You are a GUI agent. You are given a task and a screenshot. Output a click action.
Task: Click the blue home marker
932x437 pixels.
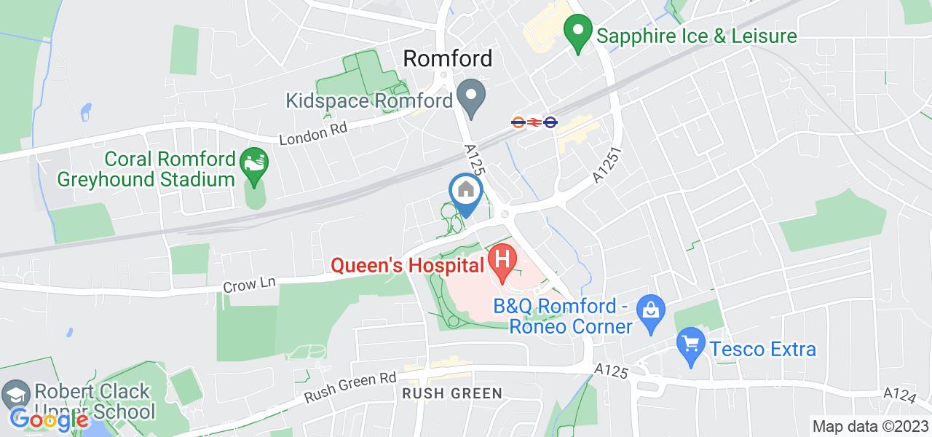(x=465, y=193)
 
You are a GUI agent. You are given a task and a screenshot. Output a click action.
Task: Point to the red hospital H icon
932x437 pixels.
(x=502, y=259)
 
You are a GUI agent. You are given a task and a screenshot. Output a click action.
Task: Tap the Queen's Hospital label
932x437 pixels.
(x=408, y=265)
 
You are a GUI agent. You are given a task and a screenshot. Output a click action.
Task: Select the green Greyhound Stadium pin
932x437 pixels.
(x=253, y=160)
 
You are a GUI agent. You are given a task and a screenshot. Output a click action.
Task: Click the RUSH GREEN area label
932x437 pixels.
(x=453, y=394)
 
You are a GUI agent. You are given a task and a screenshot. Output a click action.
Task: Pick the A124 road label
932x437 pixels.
(x=901, y=393)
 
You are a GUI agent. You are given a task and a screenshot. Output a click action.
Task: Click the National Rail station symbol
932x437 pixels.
(x=533, y=122)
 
